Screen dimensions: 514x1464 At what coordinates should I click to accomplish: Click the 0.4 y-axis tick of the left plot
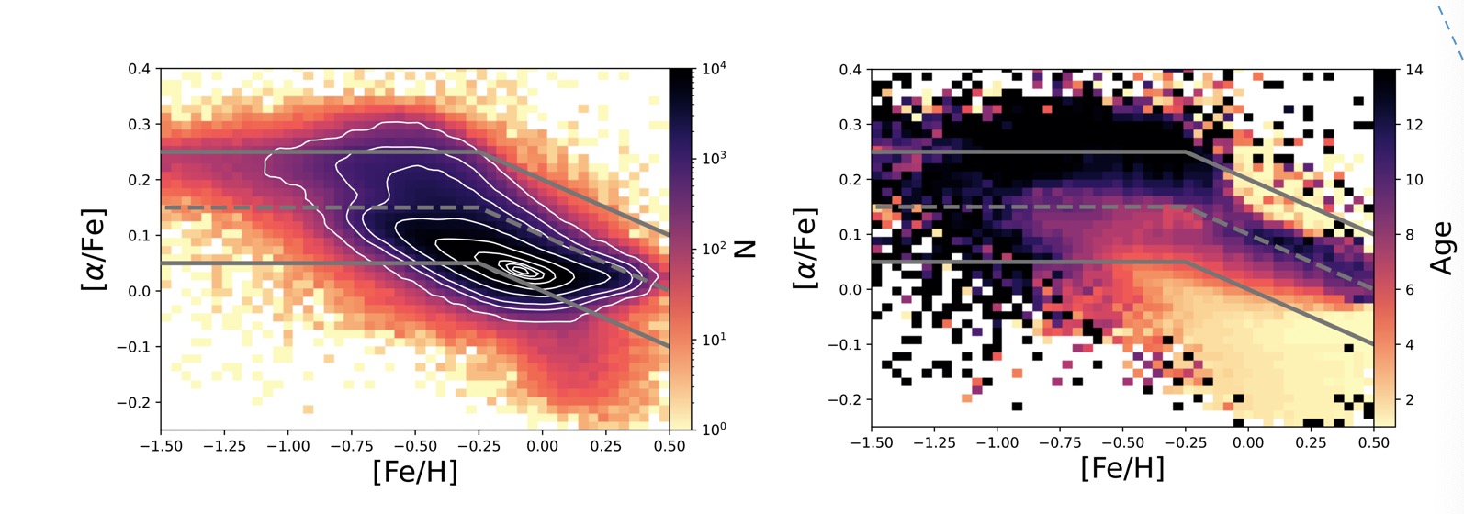click(141, 69)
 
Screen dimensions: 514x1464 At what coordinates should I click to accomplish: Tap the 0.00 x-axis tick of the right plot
click(1248, 442)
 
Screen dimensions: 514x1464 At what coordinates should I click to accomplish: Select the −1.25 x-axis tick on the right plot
click(934, 442)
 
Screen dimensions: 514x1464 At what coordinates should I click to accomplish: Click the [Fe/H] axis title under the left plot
click(414, 472)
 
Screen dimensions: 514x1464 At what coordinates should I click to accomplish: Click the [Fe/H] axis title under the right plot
click(1122, 468)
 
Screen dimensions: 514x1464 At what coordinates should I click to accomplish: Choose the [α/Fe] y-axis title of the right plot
click(805, 248)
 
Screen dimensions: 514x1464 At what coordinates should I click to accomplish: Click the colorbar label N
click(745, 249)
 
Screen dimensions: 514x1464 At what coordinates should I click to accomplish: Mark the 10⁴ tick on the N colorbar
click(715, 69)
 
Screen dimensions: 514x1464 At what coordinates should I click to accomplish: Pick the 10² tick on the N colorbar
click(715, 249)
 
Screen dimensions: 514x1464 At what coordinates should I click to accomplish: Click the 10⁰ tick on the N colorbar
click(715, 429)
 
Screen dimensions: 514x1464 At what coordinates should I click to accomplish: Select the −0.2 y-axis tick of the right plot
click(847, 400)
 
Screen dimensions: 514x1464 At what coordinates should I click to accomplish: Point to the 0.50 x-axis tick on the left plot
click(669, 446)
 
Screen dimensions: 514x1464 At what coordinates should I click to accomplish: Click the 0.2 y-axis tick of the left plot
click(141, 180)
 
